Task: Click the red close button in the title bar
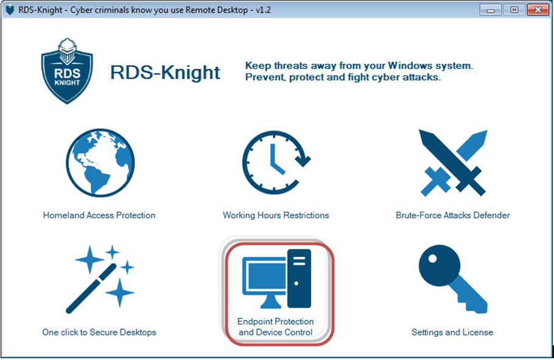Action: point(538,10)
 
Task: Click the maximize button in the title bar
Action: point(514,10)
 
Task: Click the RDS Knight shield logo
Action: point(67,71)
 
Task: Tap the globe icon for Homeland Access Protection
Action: point(100,163)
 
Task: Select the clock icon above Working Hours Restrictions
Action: point(276,162)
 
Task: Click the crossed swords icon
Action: point(452,163)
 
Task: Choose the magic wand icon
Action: point(100,280)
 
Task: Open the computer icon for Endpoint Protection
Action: point(276,278)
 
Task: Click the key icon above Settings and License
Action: point(453,278)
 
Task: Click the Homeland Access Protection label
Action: point(99,216)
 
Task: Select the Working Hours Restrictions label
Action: point(276,216)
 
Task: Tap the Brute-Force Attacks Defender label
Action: point(452,216)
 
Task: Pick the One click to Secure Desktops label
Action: point(99,333)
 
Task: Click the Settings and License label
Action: point(452,333)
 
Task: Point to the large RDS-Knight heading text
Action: point(165,72)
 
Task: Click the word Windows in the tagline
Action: point(410,66)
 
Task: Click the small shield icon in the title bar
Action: point(10,10)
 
